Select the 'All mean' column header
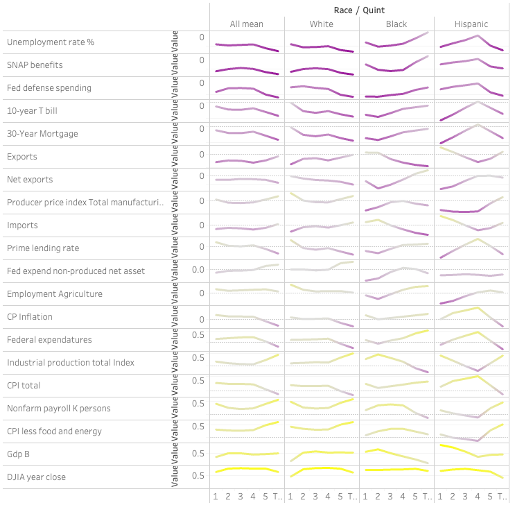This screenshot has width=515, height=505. (247, 24)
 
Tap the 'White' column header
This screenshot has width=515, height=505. (322, 24)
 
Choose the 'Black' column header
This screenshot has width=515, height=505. (396, 24)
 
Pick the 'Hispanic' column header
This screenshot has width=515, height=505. (471, 24)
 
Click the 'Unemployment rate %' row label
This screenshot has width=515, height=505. (51, 42)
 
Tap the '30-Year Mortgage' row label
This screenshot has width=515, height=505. (42, 134)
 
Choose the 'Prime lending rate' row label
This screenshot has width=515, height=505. (43, 248)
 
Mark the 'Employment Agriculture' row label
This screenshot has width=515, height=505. (55, 294)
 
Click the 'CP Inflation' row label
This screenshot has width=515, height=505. (30, 317)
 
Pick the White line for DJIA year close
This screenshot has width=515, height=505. (322, 468)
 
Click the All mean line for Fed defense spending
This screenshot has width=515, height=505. (247, 89)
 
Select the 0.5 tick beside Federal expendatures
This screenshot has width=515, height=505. (198, 335)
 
